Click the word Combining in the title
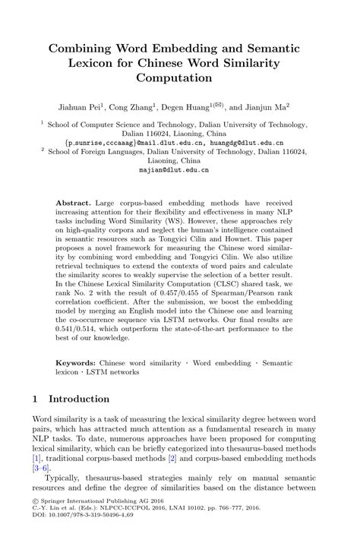pos(82,48)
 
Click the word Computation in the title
pos(180,77)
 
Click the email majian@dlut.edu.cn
pos(180,171)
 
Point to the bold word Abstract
pos(73,205)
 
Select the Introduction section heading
pos(79,398)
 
